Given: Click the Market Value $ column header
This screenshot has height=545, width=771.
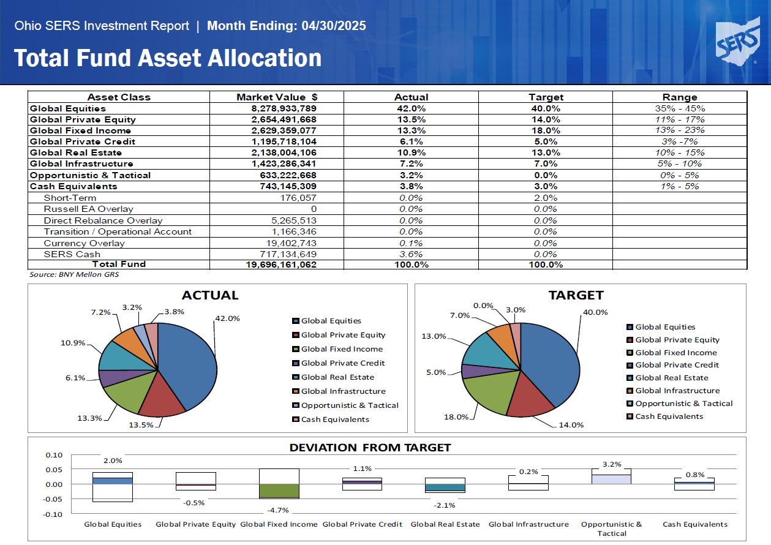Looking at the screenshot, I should point(277,97).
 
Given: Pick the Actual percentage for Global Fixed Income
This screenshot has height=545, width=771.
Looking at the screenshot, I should point(411,130).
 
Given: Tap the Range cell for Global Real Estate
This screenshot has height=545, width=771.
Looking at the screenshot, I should point(680,152).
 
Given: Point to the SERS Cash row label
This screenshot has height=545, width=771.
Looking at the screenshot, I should point(72,254).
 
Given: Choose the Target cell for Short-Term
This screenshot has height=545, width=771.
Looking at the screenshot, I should point(546,198).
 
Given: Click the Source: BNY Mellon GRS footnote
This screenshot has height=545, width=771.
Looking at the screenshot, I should point(74,275).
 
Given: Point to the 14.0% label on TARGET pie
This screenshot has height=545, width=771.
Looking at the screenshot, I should point(571,425).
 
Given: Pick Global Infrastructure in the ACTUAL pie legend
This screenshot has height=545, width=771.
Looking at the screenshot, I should point(343,391).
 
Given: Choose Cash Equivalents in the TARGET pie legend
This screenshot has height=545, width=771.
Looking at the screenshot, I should point(669,416).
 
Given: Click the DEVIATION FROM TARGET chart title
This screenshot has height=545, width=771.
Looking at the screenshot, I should point(370,448).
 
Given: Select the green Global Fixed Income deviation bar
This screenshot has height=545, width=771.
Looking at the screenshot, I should point(279,491).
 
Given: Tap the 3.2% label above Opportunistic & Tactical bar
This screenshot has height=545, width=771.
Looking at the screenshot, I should point(612,464).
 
